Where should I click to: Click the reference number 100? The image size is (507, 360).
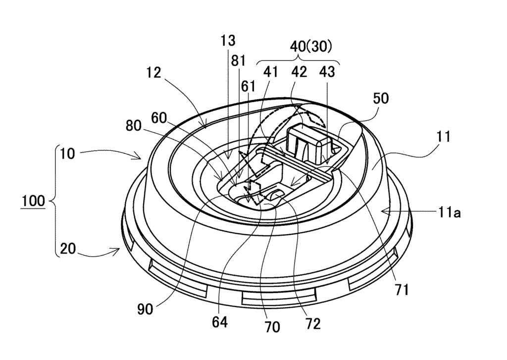(x=33, y=201)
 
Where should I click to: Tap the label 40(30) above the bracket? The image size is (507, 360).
(x=311, y=47)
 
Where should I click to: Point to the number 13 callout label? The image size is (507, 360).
(x=228, y=41)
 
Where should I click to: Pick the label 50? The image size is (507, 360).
(x=381, y=99)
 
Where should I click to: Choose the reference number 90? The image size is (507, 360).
(x=145, y=309)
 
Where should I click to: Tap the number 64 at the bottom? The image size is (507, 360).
(x=219, y=322)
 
